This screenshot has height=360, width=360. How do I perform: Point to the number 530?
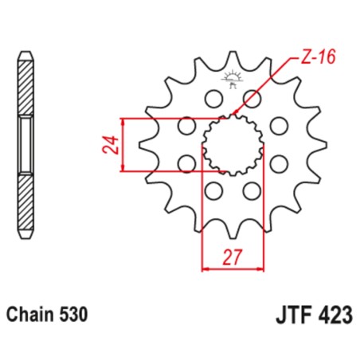point(77,316)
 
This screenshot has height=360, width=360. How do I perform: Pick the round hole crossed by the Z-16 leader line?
point(253,99)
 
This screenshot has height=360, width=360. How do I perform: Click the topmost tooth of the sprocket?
point(233,59)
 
